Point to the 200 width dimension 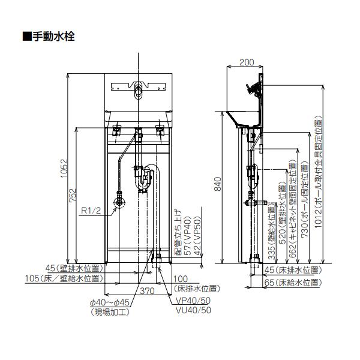pyautogui.click(x=246, y=62)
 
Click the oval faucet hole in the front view pyautogui.click(x=139, y=92)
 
